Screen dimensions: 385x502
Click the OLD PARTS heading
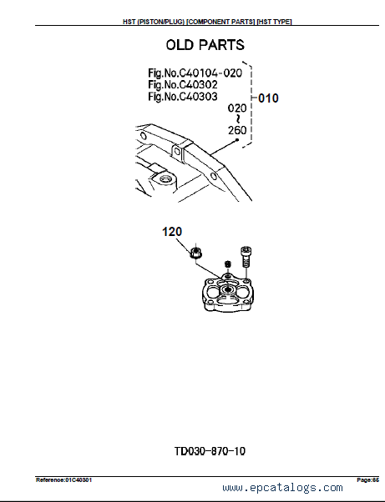click(205, 45)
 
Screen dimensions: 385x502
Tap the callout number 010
click(268, 98)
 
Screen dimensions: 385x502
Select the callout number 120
click(172, 232)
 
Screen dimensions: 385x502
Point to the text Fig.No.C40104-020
click(195, 73)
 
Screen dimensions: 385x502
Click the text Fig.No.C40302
click(183, 85)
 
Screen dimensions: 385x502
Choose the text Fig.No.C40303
click(183, 97)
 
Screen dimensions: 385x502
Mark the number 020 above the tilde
click(237, 108)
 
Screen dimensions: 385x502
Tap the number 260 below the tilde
click(237, 130)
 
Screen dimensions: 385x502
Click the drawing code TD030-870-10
click(210, 451)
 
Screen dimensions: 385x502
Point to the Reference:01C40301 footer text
click(63, 480)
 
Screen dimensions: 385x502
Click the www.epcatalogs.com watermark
click(282, 488)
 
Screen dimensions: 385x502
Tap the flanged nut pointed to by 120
click(195, 253)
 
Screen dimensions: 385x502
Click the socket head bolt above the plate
click(246, 257)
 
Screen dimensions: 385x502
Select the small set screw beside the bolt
click(228, 264)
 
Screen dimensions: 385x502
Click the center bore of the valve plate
click(228, 289)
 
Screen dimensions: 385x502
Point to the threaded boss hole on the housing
click(165, 179)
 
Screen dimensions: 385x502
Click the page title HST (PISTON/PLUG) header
click(207, 22)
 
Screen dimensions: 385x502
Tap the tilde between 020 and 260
click(237, 119)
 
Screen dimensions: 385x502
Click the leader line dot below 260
click(237, 139)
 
